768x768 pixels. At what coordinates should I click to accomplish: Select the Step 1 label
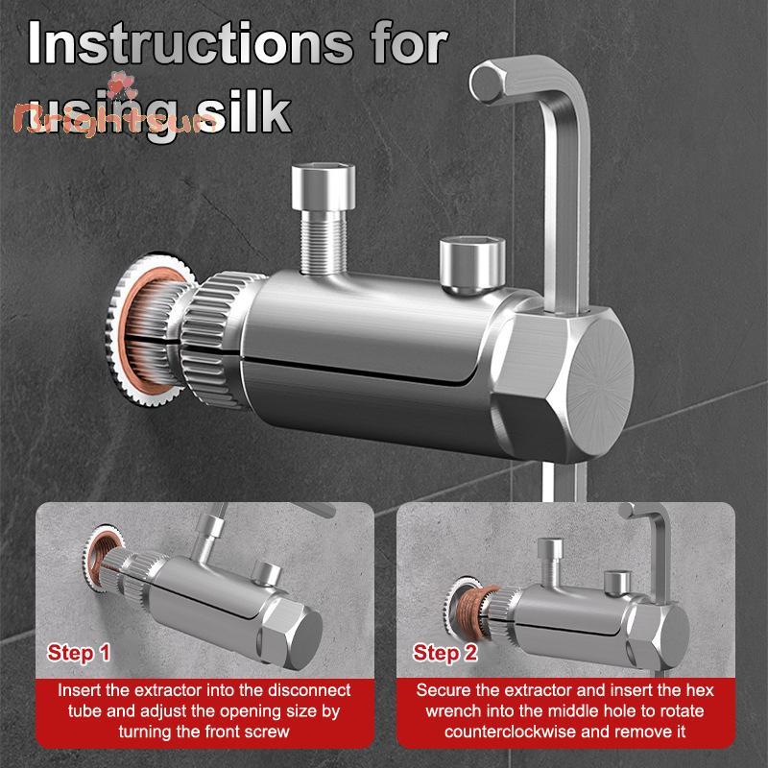click(x=79, y=654)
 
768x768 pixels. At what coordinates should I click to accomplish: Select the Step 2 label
click(x=444, y=654)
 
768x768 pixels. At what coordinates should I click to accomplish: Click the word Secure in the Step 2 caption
click(x=443, y=690)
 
